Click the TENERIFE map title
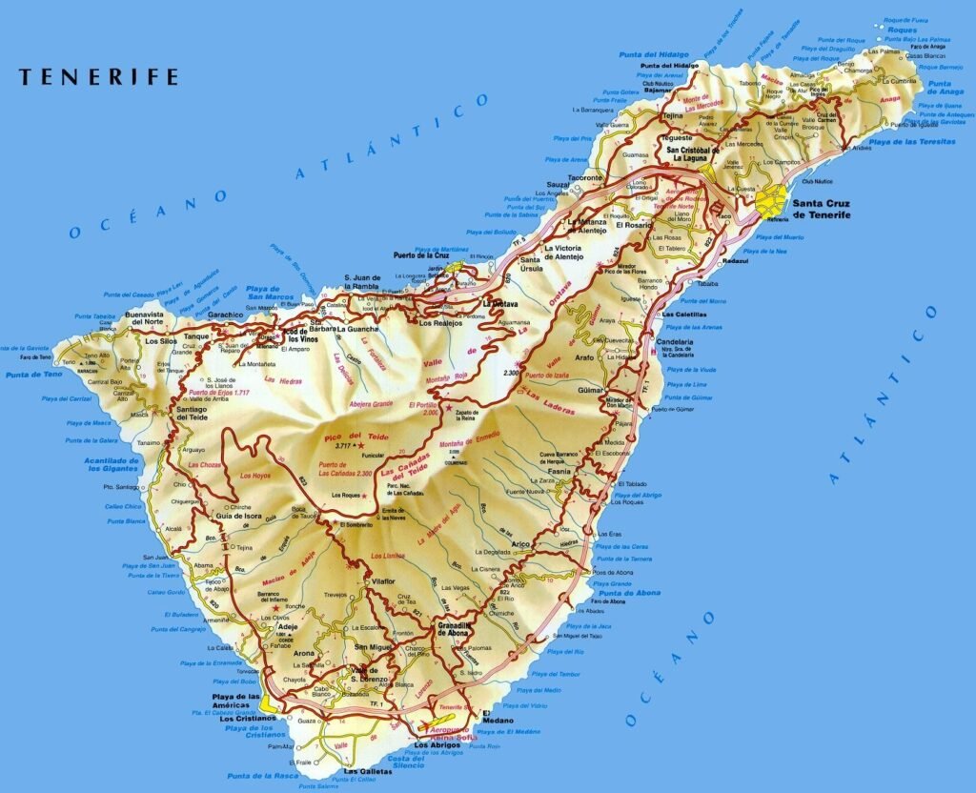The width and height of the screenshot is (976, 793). [x=98, y=77]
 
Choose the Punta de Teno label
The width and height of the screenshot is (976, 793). [x=33, y=375]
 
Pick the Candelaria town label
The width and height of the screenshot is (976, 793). [x=675, y=341]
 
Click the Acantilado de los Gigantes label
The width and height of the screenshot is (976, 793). [x=113, y=464]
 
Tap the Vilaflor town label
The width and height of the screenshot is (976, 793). [x=383, y=580]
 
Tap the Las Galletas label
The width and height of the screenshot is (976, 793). [x=366, y=770]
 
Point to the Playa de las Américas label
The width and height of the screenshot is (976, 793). [x=234, y=701]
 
